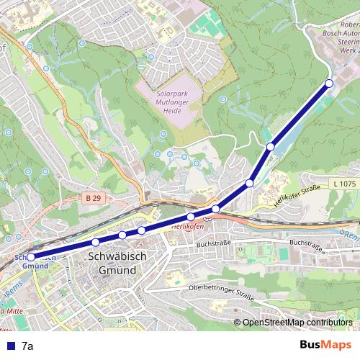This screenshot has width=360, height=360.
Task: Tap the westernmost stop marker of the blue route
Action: click(30, 256)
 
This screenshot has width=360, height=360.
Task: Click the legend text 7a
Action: click(27, 346)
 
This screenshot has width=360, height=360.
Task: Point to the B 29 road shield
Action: click(91, 197)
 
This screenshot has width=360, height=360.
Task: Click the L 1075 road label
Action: click(344, 184)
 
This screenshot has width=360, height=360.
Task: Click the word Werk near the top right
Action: click(348, 52)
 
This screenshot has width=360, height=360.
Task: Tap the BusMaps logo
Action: click(325, 346)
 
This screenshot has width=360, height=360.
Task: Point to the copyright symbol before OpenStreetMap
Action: click(237, 323)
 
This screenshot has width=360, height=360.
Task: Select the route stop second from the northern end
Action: click(271, 147)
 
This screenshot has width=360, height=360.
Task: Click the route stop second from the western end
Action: click(95, 242)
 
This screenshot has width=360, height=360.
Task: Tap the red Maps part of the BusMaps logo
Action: click(337, 346)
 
